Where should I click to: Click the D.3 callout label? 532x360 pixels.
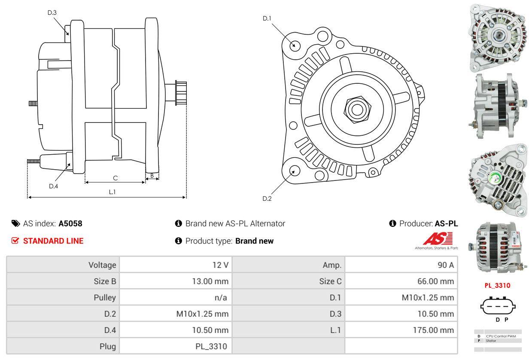pos(52,12)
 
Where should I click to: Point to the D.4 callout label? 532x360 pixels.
pos(53,186)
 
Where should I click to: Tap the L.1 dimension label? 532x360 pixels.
pos(112,192)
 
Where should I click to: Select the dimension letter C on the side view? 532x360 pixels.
pos(115,178)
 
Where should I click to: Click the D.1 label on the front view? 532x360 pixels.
pos(267,18)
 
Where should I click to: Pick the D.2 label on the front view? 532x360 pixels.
pos(267,198)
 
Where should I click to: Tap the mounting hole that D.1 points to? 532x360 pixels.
pos(295,45)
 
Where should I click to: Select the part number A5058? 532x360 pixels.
pos(70,223)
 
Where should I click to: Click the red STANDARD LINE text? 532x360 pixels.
pos(53,241)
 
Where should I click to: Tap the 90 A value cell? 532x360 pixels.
pos(446,265)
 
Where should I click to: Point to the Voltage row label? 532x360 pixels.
pos(102,265)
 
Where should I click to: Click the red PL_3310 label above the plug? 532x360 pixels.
pos(497,285)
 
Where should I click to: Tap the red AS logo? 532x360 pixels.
pos(438,239)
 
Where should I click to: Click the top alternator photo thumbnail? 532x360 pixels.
pos(498,37)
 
